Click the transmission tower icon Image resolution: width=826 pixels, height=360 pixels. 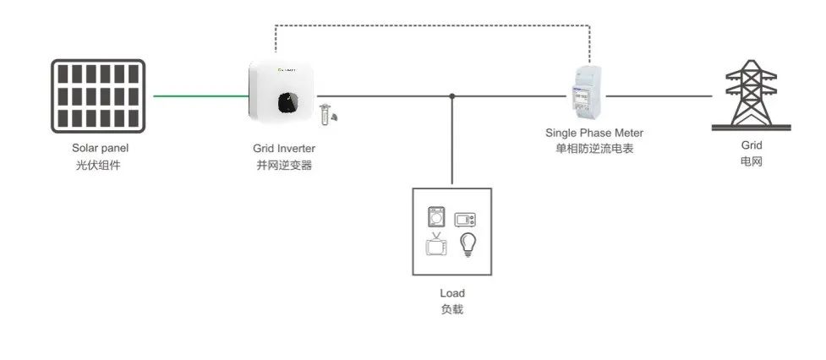point(751,95)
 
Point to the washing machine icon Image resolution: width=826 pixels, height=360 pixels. point(435,217)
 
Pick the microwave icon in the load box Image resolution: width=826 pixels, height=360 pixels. point(466,220)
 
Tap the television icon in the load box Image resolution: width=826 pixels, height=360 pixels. point(435,246)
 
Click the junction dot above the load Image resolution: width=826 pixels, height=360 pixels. point(452,96)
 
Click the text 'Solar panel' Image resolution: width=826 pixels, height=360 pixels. point(101,148)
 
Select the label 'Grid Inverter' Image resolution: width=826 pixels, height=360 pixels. point(284,149)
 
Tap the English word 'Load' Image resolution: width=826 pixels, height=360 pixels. point(452,293)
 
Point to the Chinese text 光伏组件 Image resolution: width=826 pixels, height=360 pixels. point(101,165)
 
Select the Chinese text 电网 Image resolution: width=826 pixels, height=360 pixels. point(751,161)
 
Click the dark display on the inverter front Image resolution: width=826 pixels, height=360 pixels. point(287,101)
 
